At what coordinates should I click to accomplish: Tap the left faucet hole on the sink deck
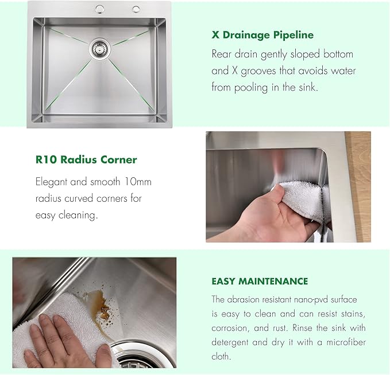pos(99,9)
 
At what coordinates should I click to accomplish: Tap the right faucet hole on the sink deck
pos(136,9)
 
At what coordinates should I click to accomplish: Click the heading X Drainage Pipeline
pos(262,34)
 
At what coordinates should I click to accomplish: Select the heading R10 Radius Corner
pos(86,159)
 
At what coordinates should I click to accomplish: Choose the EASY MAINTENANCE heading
pos(260,282)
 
